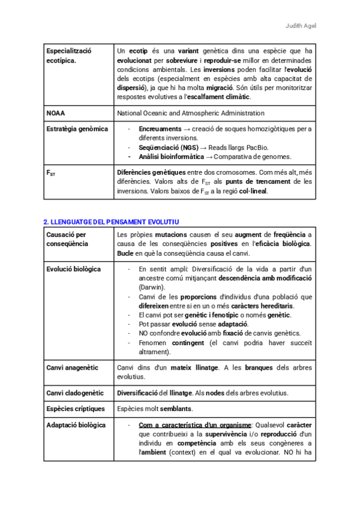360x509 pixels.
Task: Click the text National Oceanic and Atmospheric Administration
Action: pyautogui.click(x=190, y=113)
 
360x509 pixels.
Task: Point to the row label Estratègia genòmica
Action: pyautogui.click(x=77, y=128)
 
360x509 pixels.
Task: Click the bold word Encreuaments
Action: pyautogui.click(x=160, y=128)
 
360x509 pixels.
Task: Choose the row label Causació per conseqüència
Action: pyautogui.click(x=66, y=239)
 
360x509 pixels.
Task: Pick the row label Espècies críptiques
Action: pyautogui.click(x=76, y=409)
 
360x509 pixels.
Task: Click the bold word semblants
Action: pyautogui.click(x=176, y=409)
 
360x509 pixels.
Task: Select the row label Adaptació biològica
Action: pyautogui.click(x=76, y=425)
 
